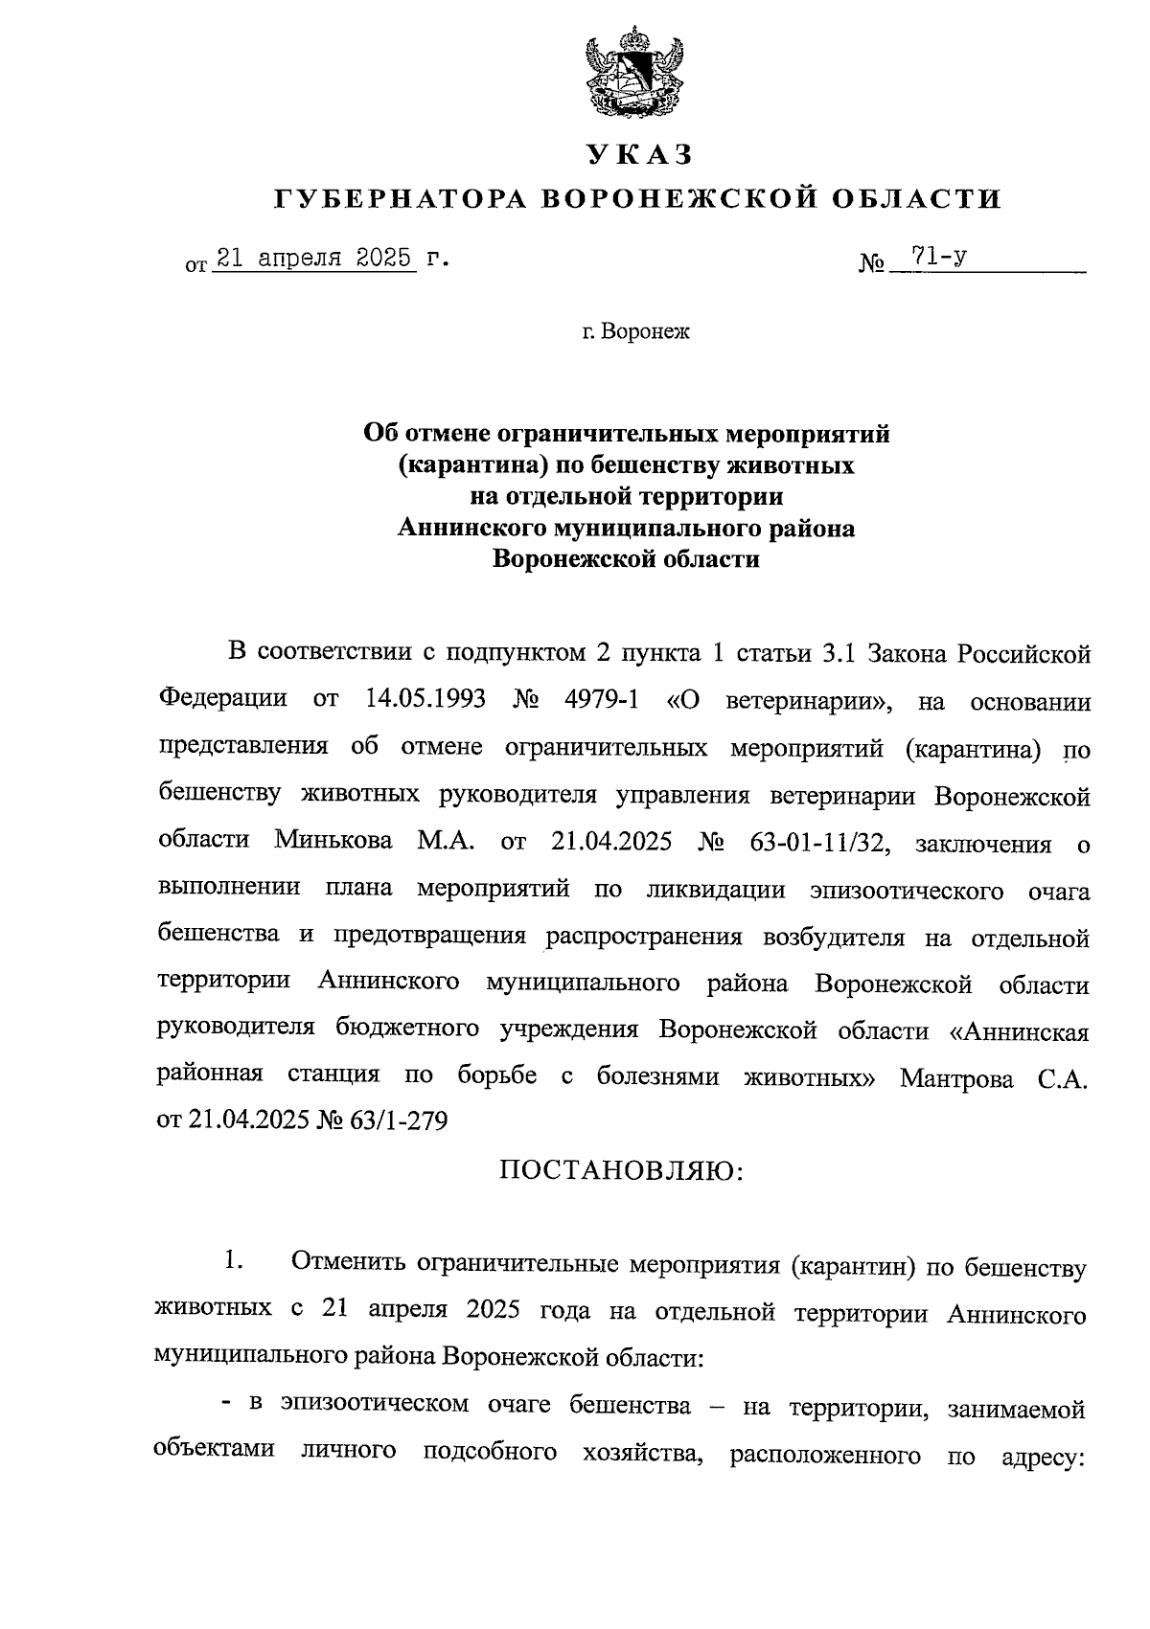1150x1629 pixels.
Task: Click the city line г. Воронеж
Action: pyautogui.click(x=635, y=332)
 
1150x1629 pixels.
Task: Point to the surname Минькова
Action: pyautogui.click(x=333, y=840)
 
